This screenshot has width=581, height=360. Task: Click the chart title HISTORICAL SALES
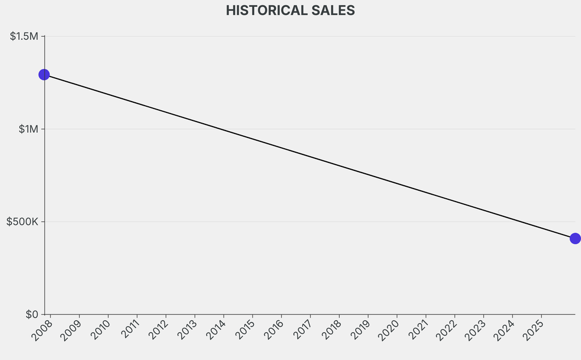click(290, 10)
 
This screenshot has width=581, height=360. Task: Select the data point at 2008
click(44, 74)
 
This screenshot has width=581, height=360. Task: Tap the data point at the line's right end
click(575, 238)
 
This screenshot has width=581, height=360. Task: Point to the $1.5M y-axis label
click(24, 36)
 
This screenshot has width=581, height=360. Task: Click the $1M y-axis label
click(28, 129)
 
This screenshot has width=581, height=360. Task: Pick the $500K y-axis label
click(22, 221)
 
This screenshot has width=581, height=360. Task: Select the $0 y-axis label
click(32, 314)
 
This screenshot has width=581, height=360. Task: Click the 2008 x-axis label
click(42, 330)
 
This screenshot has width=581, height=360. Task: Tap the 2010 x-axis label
click(100, 330)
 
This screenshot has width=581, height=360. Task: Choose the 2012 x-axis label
click(158, 330)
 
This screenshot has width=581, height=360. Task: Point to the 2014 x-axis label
click(216, 330)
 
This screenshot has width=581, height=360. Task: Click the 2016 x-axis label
click(273, 330)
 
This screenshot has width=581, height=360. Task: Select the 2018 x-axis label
click(331, 330)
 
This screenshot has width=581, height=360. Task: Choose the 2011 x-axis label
click(129, 330)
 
